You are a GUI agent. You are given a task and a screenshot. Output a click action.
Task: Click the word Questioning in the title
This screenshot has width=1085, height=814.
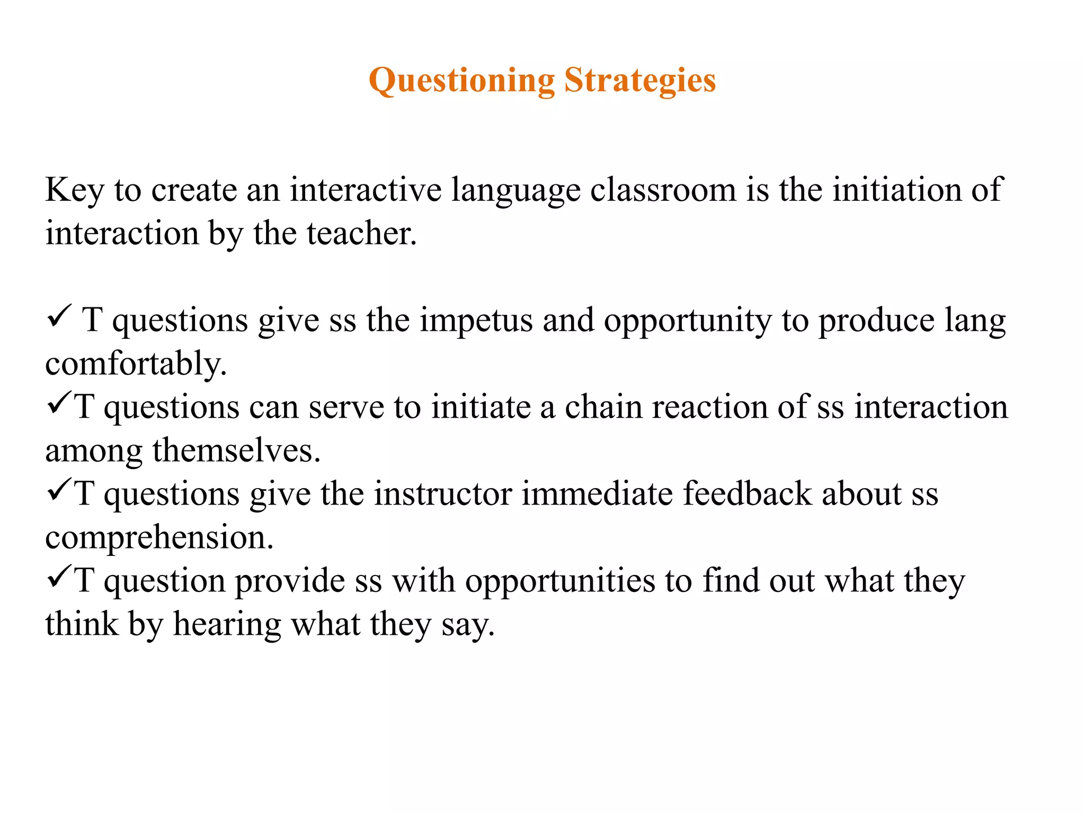click(x=461, y=81)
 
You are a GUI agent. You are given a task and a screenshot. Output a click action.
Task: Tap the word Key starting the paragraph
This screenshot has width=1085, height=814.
click(x=74, y=190)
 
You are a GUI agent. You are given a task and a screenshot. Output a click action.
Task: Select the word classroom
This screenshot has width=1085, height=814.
click(x=663, y=190)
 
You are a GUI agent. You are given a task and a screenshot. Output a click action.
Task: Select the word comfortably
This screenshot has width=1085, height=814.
click(x=136, y=364)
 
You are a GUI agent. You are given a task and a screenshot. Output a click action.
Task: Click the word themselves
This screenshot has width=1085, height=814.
click(x=236, y=451)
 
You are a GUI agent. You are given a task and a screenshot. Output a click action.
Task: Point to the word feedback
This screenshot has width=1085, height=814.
click(x=747, y=494)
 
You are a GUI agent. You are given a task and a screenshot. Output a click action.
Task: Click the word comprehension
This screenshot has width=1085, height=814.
click(x=159, y=538)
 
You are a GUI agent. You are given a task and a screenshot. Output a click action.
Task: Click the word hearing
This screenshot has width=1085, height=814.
click(x=227, y=624)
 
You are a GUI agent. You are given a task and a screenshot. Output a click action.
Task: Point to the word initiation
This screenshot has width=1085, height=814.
click(x=896, y=190)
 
